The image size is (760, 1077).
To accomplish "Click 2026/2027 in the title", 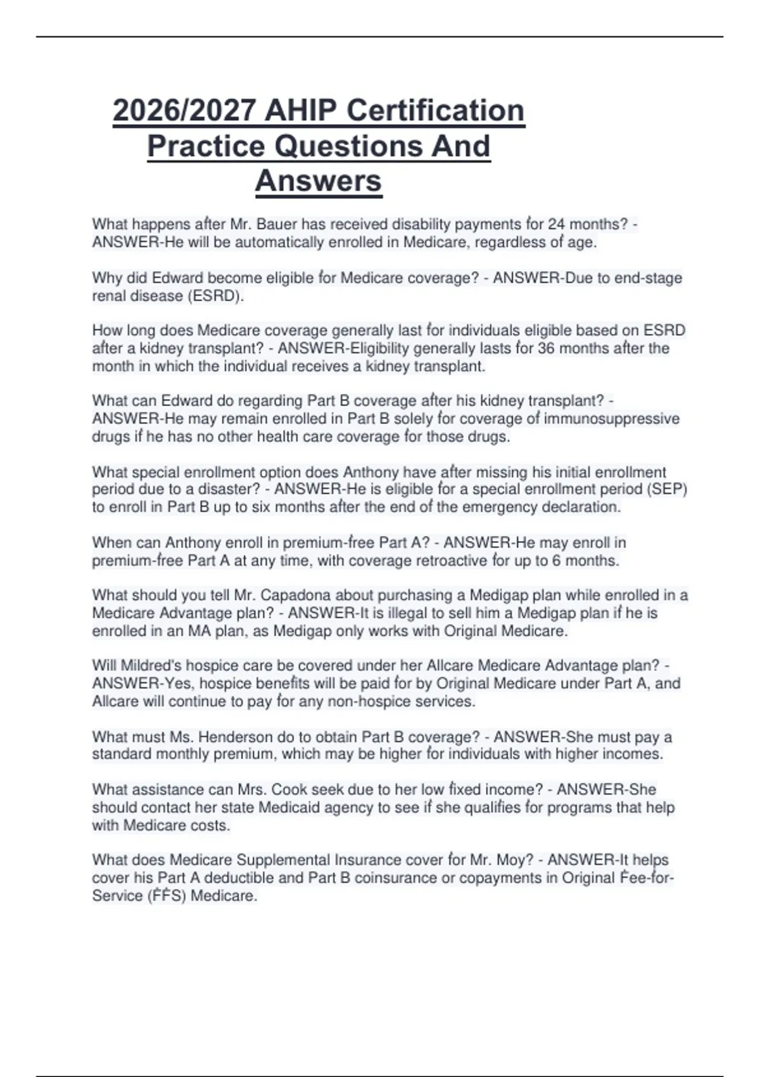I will [185, 111].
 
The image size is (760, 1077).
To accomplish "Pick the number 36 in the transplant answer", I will [547, 348].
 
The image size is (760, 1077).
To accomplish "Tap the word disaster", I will [215, 490].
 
